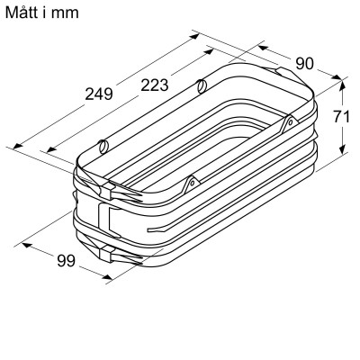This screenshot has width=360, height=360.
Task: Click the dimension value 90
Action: tap(306, 63)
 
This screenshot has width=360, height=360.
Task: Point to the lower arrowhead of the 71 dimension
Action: tap(343, 150)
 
